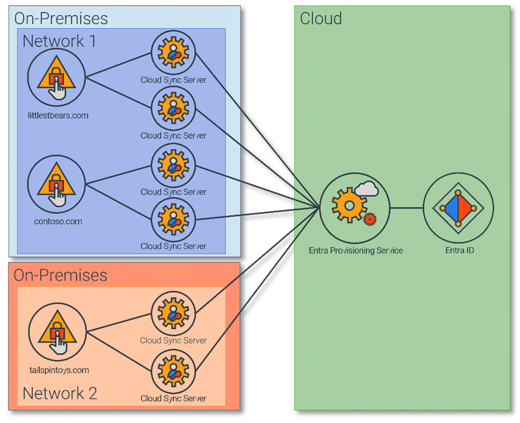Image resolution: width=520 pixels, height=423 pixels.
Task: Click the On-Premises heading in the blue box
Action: coord(61,18)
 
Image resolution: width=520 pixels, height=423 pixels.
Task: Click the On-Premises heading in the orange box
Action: coord(61,275)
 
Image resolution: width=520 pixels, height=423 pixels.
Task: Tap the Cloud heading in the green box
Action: coord(321,18)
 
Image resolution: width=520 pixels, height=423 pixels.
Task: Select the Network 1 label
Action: coord(60,41)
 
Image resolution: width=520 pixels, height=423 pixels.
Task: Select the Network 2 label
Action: coord(60,393)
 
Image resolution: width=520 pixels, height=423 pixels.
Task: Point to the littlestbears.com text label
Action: coord(58,115)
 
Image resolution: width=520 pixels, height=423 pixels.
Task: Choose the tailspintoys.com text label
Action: coord(59,370)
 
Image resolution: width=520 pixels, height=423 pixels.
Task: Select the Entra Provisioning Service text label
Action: coord(356,251)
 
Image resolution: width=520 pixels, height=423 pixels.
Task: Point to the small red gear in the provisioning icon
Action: coord(370,219)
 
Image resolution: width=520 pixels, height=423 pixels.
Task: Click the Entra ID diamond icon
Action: coord(458,208)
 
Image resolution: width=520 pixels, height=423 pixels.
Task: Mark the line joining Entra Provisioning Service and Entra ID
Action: coord(406,208)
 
